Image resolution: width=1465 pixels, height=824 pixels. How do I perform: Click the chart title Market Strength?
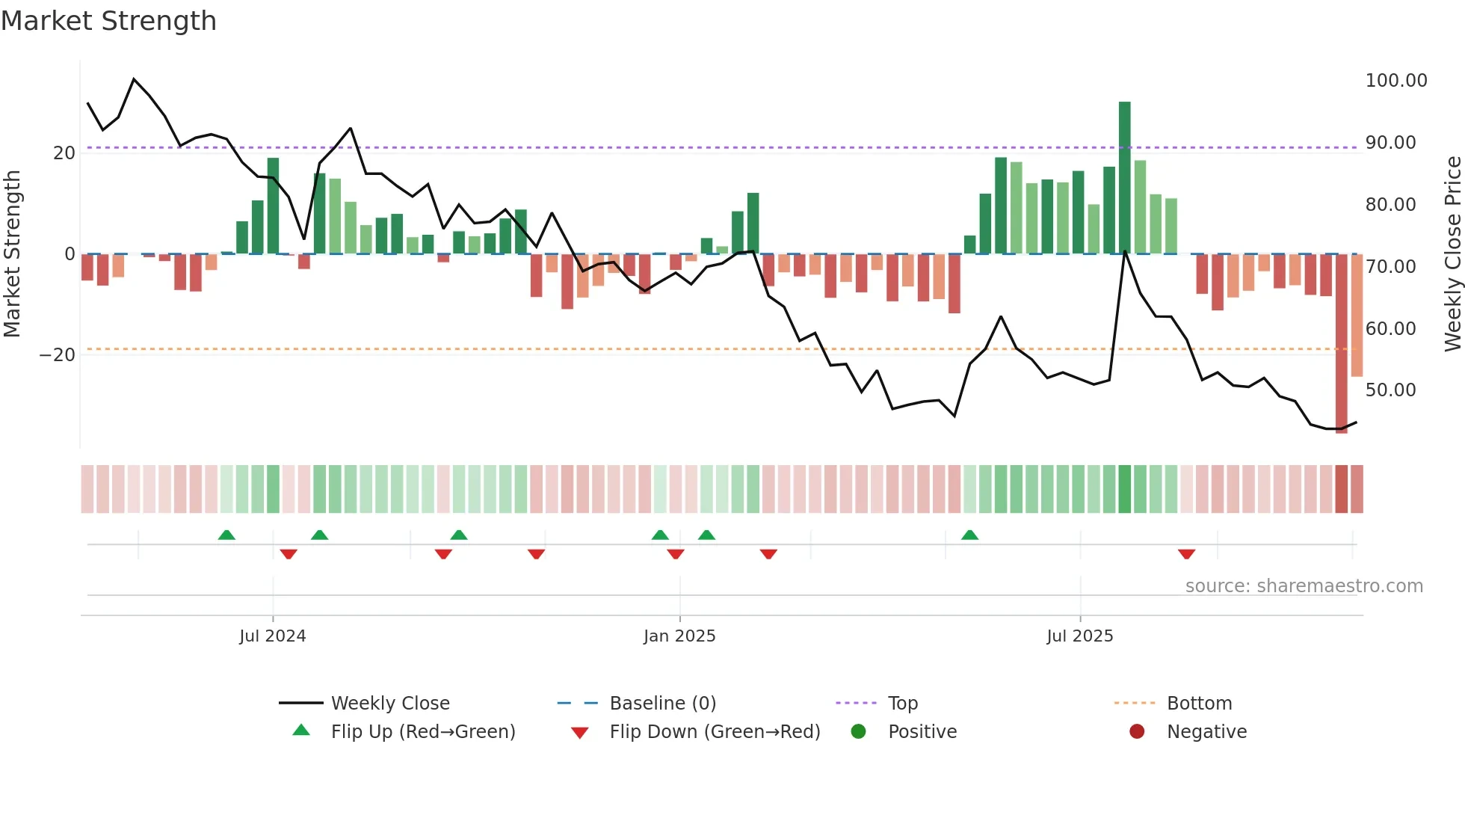(x=108, y=21)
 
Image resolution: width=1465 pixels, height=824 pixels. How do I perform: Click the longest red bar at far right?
(x=1341, y=344)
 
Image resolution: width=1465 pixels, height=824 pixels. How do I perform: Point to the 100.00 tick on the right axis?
(x=1395, y=81)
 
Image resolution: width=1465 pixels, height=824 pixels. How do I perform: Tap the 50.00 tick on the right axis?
(x=1390, y=390)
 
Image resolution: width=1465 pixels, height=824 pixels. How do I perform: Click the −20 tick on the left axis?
(x=58, y=355)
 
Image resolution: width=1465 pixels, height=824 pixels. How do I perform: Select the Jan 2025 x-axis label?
(x=679, y=636)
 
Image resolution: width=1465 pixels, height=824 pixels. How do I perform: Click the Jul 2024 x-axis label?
(x=273, y=636)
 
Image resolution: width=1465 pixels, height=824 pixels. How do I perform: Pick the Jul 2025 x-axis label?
(x=1079, y=636)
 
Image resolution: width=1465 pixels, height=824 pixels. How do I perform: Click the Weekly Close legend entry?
(x=390, y=704)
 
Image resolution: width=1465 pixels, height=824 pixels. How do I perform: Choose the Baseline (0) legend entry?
(x=662, y=704)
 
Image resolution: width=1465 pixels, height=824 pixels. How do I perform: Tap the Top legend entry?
(x=902, y=704)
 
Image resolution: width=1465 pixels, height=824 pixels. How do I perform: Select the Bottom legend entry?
(x=1199, y=704)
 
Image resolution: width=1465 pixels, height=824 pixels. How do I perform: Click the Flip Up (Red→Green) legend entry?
(x=423, y=732)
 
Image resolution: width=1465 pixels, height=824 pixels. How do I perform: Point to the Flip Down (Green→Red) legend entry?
(x=715, y=732)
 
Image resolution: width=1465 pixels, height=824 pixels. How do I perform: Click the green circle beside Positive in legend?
(x=858, y=731)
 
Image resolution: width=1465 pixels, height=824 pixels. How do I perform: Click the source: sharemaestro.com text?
(x=1304, y=586)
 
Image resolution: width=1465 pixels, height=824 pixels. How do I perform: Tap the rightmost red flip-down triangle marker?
(x=1186, y=554)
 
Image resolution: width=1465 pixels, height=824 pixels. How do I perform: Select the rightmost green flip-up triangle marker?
(x=969, y=535)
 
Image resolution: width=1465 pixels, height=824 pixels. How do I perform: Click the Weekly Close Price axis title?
(x=1452, y=254)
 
